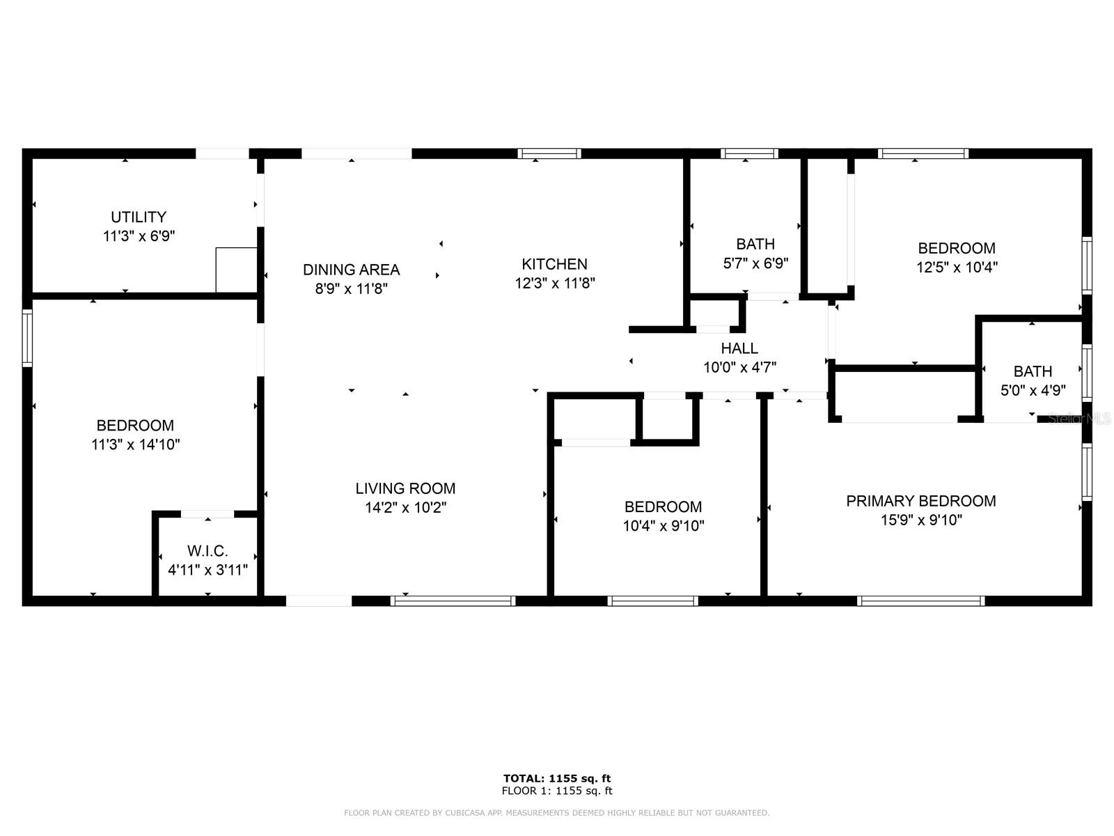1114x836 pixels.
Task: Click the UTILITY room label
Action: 139,217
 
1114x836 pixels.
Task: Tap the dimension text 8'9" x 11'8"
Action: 352,288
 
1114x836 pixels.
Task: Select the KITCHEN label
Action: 555,264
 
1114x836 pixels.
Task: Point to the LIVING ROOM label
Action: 405,488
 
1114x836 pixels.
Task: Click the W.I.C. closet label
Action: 207,551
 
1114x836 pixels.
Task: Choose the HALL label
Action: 739,348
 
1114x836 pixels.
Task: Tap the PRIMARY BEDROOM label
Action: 920,501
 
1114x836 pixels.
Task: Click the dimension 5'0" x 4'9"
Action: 1033,390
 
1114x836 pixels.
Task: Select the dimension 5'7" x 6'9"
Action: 755,263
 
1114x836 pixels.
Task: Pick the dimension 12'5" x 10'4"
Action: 957,267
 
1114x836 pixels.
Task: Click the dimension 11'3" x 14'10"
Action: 136,444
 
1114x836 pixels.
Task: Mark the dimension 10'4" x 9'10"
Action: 663,526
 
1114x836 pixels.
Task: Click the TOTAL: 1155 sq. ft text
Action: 557,778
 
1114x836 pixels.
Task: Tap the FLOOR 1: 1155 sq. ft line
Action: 557,791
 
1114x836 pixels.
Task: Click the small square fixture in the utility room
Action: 236,270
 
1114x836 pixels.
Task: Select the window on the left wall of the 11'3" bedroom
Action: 27,338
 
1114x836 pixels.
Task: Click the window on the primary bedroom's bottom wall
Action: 920,601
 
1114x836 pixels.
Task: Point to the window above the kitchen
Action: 549,153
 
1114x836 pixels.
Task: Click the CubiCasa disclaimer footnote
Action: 557,813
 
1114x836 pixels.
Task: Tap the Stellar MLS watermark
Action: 1079,419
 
